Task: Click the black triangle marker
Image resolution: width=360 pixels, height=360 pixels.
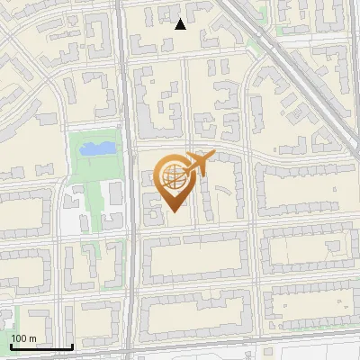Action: pyautogui.click(x=181, y=24)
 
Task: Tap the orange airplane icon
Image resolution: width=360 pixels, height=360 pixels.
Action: pyautogui.click(x=196, y=164)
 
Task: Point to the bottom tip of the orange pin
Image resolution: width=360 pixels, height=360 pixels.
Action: pyautogui.click(x=173, y=211)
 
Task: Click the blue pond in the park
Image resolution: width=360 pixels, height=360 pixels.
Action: pyautogui.click(x=96, y=148)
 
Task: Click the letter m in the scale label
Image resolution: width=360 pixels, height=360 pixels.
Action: pyautogui.click(x=32, y=338)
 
